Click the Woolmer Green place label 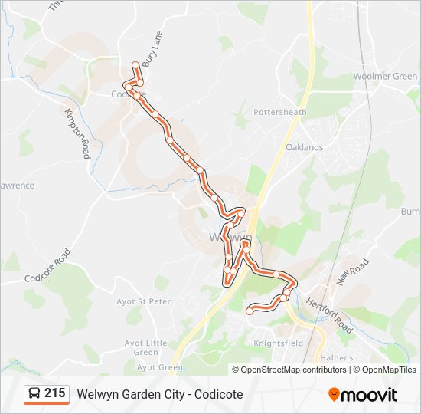tap(385, 77)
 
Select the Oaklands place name tap(304, 147)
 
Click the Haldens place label tap(337, 358)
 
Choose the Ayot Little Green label tap(145, 347)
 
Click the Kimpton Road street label tap(77, 133)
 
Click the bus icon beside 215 tap(34, 394)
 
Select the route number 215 tap(54, 393)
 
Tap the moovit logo tap(363, 395)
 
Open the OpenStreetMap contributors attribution tap(293, 370)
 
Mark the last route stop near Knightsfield tap(250, 310)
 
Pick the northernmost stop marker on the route tap(135, 64)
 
